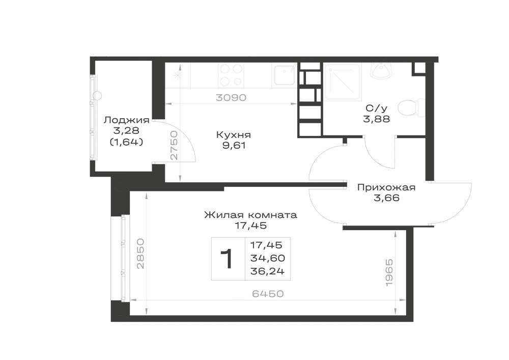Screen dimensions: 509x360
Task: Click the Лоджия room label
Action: [127, 120]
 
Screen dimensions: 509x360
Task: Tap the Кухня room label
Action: [234, 135]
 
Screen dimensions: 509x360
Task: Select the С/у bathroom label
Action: [376, 108]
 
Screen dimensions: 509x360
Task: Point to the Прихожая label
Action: [386, 187]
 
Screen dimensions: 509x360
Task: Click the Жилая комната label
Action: [250, 215]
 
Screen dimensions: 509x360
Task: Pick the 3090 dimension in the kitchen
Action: [231, 97]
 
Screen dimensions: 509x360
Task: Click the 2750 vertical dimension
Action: [174, 145]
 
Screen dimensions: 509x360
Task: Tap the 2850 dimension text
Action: [140, 254]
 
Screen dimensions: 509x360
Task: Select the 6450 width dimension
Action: [268, 294]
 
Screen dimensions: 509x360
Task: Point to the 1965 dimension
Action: [389, 272]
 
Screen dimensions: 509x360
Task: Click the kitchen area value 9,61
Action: [234, 146]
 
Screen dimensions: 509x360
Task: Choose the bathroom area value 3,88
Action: [377, 119]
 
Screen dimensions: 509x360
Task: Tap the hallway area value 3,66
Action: [386, 198]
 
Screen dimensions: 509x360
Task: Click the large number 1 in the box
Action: [227, 259]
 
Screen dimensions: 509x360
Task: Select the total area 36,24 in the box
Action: [268, 271]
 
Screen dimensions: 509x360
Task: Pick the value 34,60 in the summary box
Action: [268, 258]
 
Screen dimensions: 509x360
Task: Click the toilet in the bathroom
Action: [412, 107]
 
